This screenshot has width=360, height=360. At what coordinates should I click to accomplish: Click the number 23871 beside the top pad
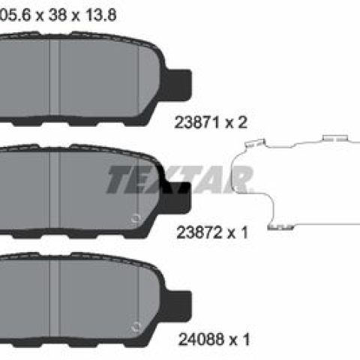197,122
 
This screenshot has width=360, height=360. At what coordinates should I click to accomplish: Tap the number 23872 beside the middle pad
199,232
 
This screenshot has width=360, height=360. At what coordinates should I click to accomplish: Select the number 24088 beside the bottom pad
201,340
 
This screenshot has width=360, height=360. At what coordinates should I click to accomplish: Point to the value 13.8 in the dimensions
101,15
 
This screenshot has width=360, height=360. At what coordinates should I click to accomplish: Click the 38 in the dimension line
58,15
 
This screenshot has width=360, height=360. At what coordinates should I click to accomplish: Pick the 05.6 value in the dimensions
15,15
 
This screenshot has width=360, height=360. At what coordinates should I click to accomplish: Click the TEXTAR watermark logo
180,179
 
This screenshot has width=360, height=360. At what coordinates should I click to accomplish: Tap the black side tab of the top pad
178,85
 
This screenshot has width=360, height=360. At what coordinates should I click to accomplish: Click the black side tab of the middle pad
178,197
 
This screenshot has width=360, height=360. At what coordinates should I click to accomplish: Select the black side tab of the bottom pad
178,306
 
